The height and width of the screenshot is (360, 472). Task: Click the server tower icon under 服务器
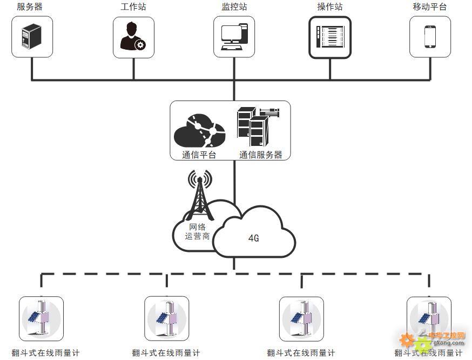[32, 36]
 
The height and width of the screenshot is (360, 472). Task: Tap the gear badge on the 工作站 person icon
[140, 45]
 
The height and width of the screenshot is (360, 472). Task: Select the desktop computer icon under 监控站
[234, 37]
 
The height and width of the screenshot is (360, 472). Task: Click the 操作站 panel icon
[330, 37]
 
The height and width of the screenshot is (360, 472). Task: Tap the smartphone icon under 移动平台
[430, 36]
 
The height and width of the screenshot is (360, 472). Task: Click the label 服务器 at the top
[30, 6]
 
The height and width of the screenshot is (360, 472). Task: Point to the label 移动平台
[429, 6]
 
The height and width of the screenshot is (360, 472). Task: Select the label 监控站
[234, 6]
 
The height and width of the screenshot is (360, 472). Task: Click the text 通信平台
[199, 155]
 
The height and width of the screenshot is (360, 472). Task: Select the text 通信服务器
[261, 155]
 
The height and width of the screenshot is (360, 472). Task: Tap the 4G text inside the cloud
[253, 238]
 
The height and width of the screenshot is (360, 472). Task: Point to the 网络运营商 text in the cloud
[197, 231]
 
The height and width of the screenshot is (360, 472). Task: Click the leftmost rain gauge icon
[41, 318]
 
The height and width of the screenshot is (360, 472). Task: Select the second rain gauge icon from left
[167, 318]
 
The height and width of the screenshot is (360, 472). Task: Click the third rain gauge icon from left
[301, 319]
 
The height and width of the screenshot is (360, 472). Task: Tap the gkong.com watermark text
[449, 343]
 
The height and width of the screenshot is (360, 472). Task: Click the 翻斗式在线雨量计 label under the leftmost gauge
[45, 353]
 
